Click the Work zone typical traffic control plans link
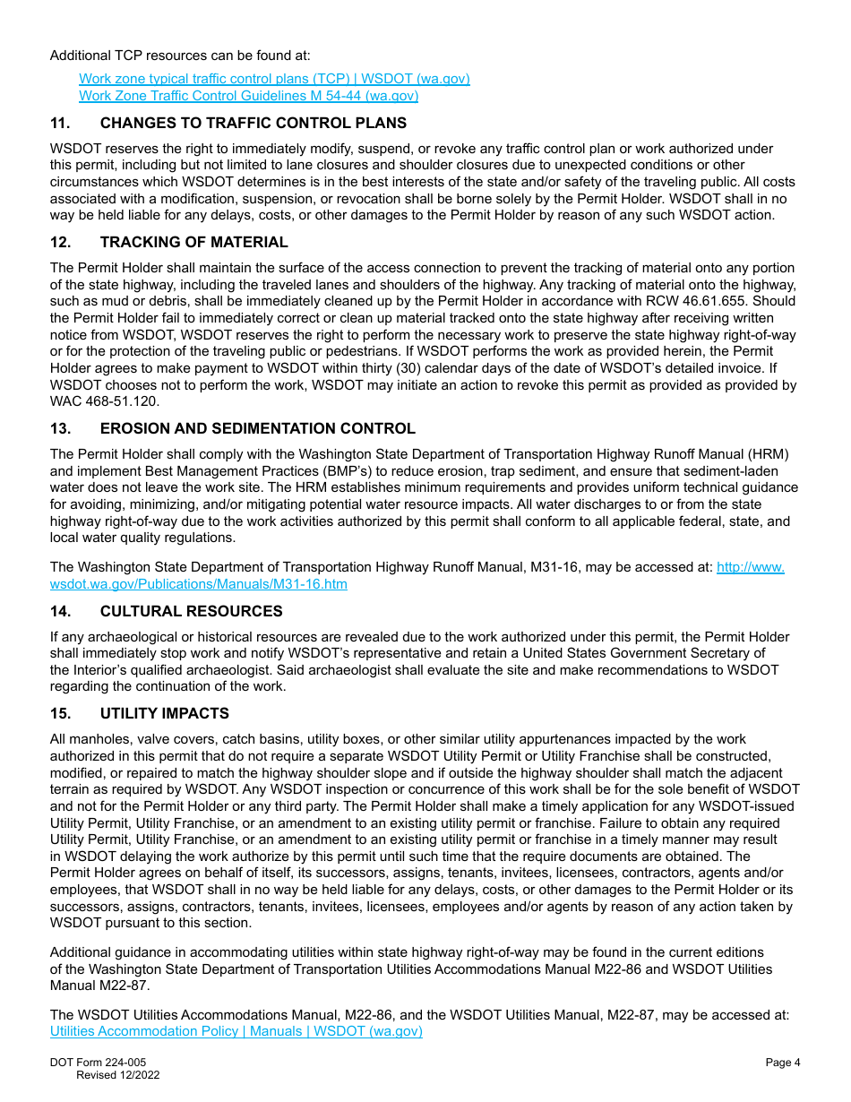point(274,79)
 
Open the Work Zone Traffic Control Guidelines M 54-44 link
point(248,96)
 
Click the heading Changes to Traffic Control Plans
point(253,124)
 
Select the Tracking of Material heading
point(193,242)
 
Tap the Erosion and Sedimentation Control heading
point(257,429)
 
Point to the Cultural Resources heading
point(191,611)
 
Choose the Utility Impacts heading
point(164,713)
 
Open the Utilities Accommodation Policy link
point(236,1031)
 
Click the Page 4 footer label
point(782,1063)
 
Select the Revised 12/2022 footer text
point(117,1075)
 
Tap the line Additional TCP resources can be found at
point(180,56)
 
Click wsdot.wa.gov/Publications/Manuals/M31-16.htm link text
point(198,584)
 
